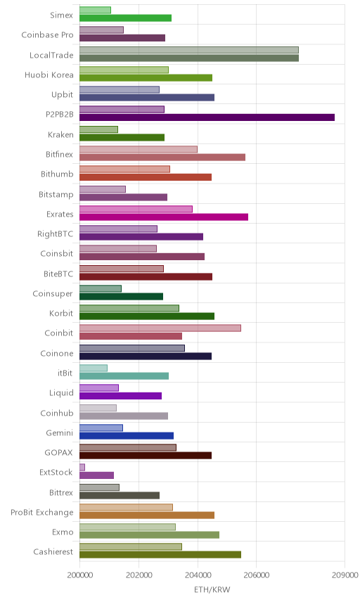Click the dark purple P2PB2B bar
(x=207, y=117)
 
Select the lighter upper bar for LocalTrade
(x=189, y=50)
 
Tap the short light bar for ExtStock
(x=82, y=467)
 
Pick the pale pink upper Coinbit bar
(x=160, y=328)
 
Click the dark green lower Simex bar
(x=125, y=18)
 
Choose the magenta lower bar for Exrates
(x=164, y=217)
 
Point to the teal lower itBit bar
(x=124, y=376)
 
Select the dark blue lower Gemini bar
(x=127, y=435)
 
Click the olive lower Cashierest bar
(x=160, y=555)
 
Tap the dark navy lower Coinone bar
(x=146, y=357)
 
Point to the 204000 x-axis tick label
(x=198, y=575)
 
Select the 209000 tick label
(x=345, y=575)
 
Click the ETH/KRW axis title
(x=212, y=590)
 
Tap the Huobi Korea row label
(x=49, y=75)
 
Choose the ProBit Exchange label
(x=41, y=513)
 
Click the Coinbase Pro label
(x=47, y=35)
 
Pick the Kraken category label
(x=60, y=135)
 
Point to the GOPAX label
(x=58, y=453)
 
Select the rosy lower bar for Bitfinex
(x=162, y=158)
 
